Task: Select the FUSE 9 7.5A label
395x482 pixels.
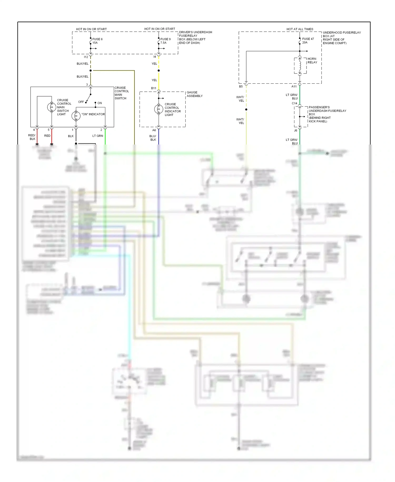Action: point(165,41)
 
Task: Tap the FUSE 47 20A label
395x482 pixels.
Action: point(308,41)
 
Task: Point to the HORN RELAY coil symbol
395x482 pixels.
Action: point(300,66)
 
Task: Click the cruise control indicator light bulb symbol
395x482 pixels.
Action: point(159,109)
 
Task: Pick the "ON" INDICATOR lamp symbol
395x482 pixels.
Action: point(76,116)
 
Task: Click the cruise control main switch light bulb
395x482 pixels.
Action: point(51,107)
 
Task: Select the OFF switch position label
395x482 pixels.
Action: point(81,102)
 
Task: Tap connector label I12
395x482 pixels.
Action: point(86,57)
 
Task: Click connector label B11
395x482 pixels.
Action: point(154,88)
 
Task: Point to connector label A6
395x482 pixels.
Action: point(154,130)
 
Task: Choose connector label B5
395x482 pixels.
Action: point(241,86)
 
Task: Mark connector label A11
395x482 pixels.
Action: point(294,86)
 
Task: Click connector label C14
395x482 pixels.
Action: point(294,103)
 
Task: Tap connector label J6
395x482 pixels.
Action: point(295,131)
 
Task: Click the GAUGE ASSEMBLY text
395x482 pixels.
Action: point(195,94)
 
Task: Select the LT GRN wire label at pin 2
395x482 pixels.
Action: point(97,136)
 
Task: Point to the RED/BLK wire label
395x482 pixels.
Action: point(32,137)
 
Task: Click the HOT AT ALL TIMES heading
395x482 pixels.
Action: point(300,29)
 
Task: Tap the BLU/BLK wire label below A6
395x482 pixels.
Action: point(153,138)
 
